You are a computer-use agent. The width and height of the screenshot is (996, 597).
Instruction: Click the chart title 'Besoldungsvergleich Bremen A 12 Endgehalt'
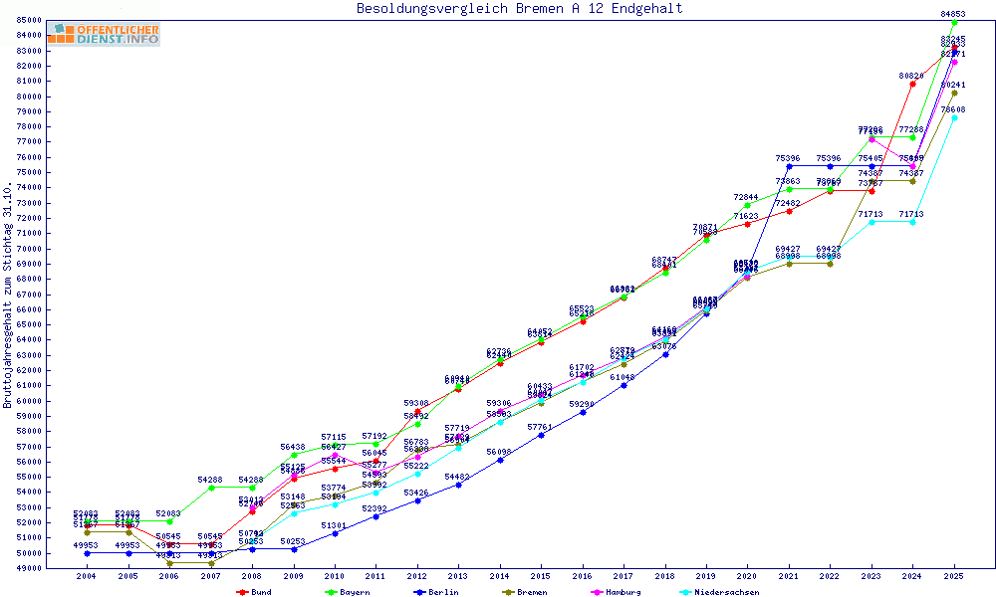pyautogui.click(x=519, y=9)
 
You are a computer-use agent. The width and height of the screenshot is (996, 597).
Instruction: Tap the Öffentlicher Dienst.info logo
pyautogui.click(x=103, y=34)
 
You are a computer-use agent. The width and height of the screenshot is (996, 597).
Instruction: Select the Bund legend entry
pyautogui.click(x=255, y=592)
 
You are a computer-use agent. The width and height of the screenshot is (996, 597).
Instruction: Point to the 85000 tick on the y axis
pyautogui.click(x=27, y=20)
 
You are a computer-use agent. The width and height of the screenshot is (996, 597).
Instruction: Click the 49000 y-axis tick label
pyautogui.click(x=27, y=568)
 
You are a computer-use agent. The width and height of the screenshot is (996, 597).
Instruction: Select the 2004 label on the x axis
pyautogui.click(x=88, y=577)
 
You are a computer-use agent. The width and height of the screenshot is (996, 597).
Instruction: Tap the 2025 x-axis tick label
pyautogui.click(x=954, y=577)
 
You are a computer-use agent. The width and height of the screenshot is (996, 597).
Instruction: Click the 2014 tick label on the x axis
pyautogui.click(x=500, y=577)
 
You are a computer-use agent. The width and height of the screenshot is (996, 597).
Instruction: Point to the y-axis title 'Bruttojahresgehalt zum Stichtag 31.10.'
pyautogui.click(x=8, y=296)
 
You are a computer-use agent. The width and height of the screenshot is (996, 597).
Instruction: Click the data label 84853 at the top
pyautogui.click(x=953, y=14)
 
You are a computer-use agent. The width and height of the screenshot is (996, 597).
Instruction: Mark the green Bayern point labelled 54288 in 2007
pyautogui.click(x=211, y=488)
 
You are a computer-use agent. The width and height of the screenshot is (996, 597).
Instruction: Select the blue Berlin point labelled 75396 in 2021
pyautogui.click(x=789, y=167)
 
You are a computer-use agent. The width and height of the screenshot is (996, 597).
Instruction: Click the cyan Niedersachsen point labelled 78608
pyautogui.click(x=954, y=117)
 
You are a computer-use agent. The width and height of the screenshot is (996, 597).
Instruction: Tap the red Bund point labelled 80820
pyautogui.click(x=912, y=84)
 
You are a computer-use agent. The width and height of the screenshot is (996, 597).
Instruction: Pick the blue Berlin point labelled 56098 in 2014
pyautogui.click(x=500, y=460)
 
